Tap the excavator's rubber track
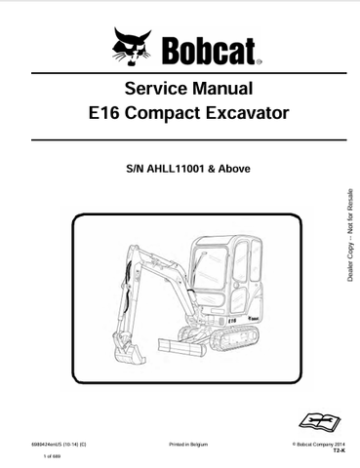point(244,337)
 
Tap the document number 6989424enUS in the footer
point(55,444)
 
